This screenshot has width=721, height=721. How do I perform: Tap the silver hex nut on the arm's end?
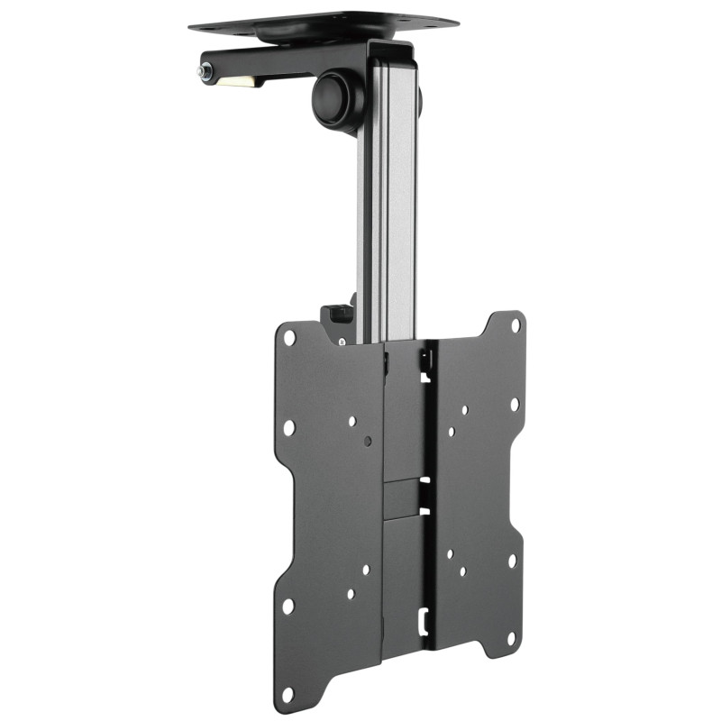click(x=207, y=70)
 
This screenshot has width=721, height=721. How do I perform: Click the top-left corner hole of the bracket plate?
click(x=290, y=338)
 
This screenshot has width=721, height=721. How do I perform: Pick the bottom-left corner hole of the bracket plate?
click(x=287, y=695)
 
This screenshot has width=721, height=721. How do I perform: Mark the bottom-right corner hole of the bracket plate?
click(x=512, y=643)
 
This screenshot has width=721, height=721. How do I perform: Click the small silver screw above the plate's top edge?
click(x=342, y=342)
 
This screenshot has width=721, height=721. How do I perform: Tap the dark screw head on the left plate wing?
click(x=368, y=442)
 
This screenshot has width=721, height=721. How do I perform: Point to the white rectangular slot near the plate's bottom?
click(x=423, y=620)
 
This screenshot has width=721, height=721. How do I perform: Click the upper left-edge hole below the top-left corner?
click(x=289, y=427)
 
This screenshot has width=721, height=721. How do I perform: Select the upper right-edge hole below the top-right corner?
click(x=515, y=405)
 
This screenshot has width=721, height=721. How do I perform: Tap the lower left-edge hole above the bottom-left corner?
click(x=288, y=607)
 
